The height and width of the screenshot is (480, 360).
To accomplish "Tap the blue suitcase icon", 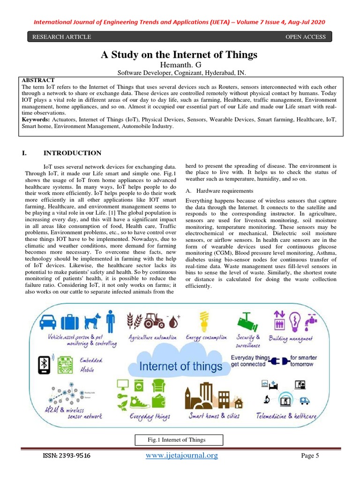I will coord(69,322).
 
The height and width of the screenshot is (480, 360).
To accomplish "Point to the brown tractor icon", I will coord(152,321).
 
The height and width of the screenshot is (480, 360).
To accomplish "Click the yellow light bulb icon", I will coord(204,321).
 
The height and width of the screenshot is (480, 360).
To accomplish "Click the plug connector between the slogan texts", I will coord(279,361).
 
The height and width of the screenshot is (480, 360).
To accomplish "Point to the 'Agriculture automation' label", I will coord(153,337).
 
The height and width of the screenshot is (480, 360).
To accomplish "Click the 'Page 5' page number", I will coord(309,456).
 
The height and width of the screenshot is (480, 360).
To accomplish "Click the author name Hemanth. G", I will coord(180,65).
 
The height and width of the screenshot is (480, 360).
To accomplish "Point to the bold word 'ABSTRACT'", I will coord(38,81).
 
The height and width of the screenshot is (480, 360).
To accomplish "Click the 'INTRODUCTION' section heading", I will coord(72,153).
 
